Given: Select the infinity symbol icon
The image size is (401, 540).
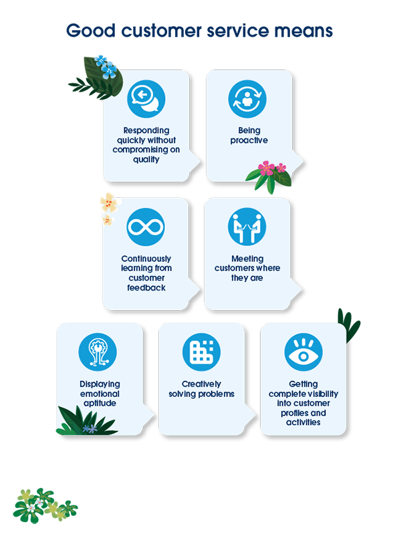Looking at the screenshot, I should point(146,227).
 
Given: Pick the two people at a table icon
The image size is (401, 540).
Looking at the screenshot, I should point(247,227).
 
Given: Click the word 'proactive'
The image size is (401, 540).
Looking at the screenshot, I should point(249,140).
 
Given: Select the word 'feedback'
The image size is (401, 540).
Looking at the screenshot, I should point(146,287).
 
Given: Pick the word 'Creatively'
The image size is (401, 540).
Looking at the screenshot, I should point(201,384).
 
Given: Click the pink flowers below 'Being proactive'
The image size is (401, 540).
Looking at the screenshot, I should point(268,172).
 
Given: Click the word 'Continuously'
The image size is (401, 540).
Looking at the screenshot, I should point(146,259).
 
